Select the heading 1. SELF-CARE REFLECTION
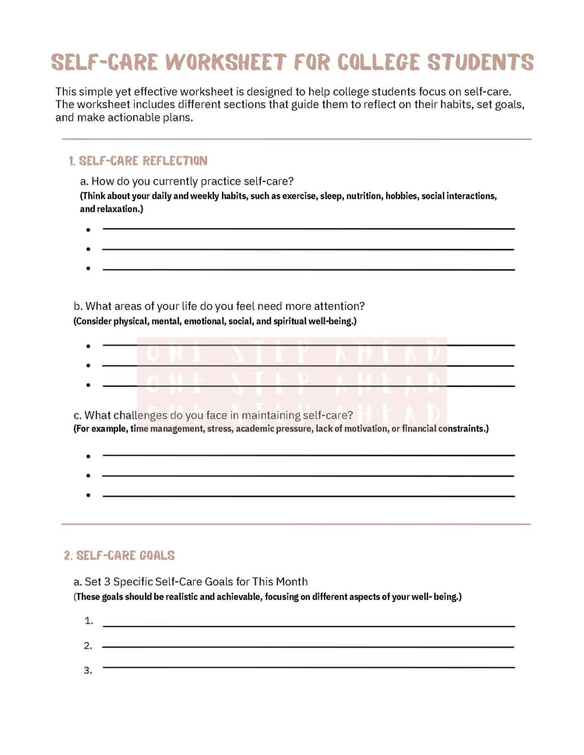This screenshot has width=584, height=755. coord(138,161)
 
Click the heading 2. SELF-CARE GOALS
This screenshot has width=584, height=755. coord(119,556)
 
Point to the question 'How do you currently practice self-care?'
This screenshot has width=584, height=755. coord(187,182)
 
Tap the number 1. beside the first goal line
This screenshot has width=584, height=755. coord(89,621)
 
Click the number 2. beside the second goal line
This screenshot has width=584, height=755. coord(89,645)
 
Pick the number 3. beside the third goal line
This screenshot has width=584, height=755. coord(89,670)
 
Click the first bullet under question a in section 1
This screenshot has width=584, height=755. coord(89,230)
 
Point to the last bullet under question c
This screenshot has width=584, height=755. coord(89,496)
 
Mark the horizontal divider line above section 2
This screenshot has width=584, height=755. coord(296,524)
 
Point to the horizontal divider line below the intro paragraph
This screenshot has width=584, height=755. coord(296,139)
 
